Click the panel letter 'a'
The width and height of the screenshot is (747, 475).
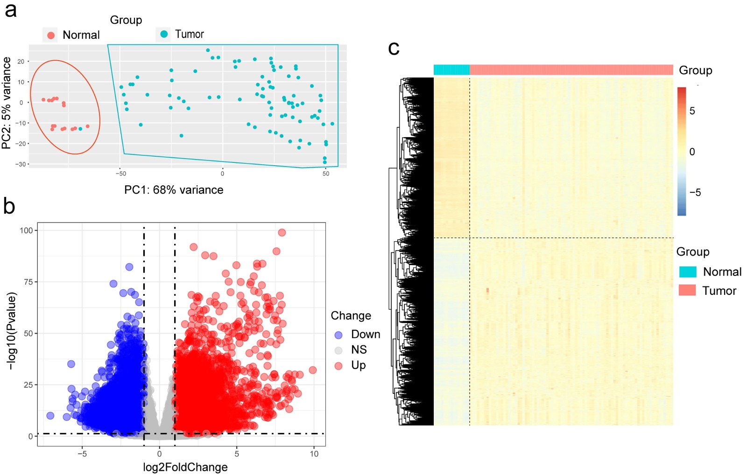(10, 10)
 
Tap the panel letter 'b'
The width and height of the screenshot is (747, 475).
(9, 206)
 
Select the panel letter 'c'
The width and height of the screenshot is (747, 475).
(394, 48)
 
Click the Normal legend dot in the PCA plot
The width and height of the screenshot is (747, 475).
(51, 35)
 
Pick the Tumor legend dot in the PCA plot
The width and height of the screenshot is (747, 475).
(164, 34)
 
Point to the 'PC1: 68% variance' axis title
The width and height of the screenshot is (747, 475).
(174, 190)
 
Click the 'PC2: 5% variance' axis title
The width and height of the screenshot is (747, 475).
(7, 103)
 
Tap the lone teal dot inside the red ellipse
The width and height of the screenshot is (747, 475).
(81, 129)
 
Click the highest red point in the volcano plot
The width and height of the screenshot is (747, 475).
(282, 232)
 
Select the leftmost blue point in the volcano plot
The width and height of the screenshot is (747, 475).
(50, 416)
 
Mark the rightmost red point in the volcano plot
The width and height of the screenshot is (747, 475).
(313, 370)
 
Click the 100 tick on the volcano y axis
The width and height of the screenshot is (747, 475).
(26, 231)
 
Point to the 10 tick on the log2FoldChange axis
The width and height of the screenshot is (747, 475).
(314, 454)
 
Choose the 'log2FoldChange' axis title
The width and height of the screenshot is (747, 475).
(185, 467)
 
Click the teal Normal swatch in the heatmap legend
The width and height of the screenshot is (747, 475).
(688, 272)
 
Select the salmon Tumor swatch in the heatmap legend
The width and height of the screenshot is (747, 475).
(687, 291)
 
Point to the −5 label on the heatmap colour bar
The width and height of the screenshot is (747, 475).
(695, 193)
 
